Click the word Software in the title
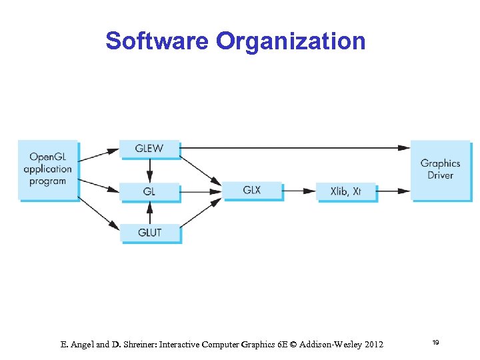[157, 41]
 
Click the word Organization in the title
[290, 41]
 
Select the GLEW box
[149, 148]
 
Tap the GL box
[149, 191]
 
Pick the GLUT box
[149, 233]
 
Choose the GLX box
[252, 190]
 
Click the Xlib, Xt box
[346, 191]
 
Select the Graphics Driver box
[440, 169]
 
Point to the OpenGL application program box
[48, 169]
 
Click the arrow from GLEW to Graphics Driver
[293, 147]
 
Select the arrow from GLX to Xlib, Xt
[299, 191]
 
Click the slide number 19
[435, 343]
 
